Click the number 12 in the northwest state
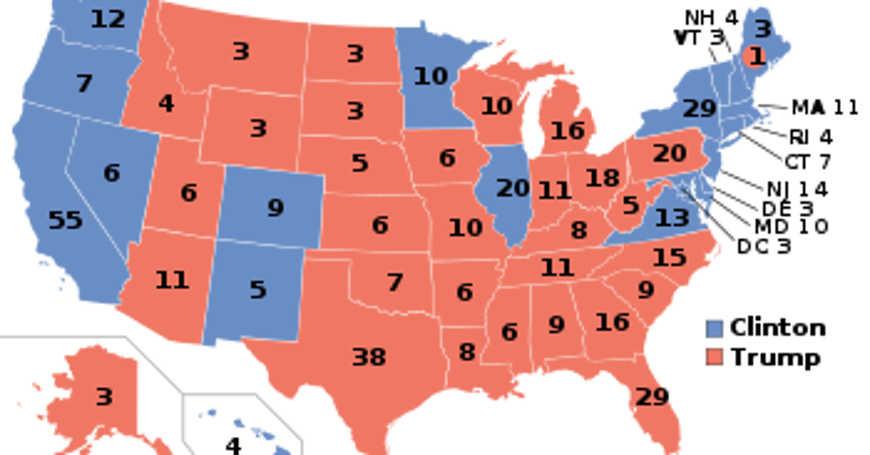click(108, 20)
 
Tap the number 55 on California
click(65, 220)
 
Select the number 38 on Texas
click(368, 357)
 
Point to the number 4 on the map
click(166, 104)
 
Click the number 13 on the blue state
click(671, 217)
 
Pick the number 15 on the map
click(668, 258)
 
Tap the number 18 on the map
click(602, 178)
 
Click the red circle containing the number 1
click(755, 57)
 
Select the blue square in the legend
click(714, 329)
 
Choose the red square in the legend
click(714, 356)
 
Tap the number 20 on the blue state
click(513, 189)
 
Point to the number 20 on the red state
click(668, 154)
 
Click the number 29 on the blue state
click(699, 110)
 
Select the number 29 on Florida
click(650, 397)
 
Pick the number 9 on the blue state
click(275, 208)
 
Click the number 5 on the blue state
click(257, 290)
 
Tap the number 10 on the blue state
click(431, 75)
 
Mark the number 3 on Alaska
click(104, 397)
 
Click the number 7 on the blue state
click(84, 84)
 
